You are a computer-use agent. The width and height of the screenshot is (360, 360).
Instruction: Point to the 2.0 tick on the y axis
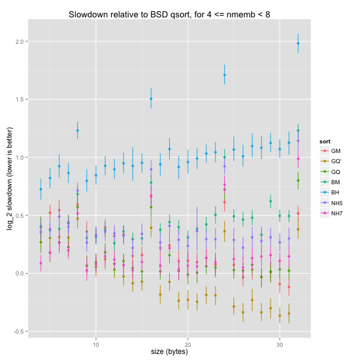click(19, 41)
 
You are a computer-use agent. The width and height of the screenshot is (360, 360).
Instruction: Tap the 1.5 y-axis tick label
click(19, 100)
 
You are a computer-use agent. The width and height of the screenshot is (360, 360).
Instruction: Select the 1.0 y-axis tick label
click(19, 157)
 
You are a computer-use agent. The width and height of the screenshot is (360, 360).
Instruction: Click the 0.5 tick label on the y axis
click(19, 215)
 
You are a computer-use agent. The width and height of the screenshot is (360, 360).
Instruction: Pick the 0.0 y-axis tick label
click(19, 274)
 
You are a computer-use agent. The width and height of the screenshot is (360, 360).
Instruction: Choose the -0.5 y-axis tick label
click(17, 332)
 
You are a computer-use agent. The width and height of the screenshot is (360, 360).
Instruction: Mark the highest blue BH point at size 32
click(298, 43)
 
